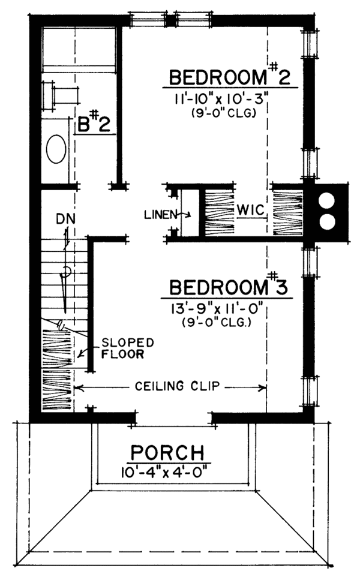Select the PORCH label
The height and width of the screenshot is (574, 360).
[x=167, y=452]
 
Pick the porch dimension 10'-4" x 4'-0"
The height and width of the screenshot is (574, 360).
[x=166, y=472]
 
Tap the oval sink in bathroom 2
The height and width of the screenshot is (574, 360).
[x=56, y=149]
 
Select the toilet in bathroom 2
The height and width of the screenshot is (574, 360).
[x=61, y=96]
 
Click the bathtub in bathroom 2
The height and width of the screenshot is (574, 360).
[x=79, y=49]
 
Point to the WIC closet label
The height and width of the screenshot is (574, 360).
[x=251, y=210]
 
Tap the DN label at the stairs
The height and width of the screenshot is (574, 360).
[x=66, y=219]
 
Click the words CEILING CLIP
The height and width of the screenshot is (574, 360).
[x=177, y=386]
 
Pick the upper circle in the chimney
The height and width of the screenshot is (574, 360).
[x=326, y=202]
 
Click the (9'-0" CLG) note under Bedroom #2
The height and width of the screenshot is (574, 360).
[x=223, y=113]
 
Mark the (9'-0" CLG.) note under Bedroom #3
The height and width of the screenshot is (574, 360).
[x=216, y=323]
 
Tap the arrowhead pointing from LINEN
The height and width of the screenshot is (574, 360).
[x=188, y=215]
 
